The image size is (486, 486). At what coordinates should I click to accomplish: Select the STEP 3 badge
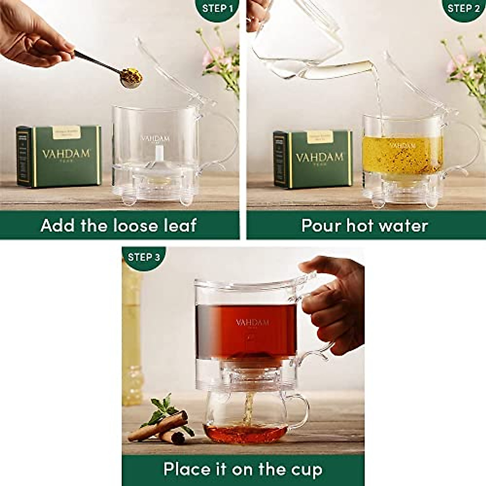coord(143,257)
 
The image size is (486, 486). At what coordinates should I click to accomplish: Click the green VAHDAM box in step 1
coord(59,156)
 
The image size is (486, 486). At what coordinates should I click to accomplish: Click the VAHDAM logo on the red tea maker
coord(252,322)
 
